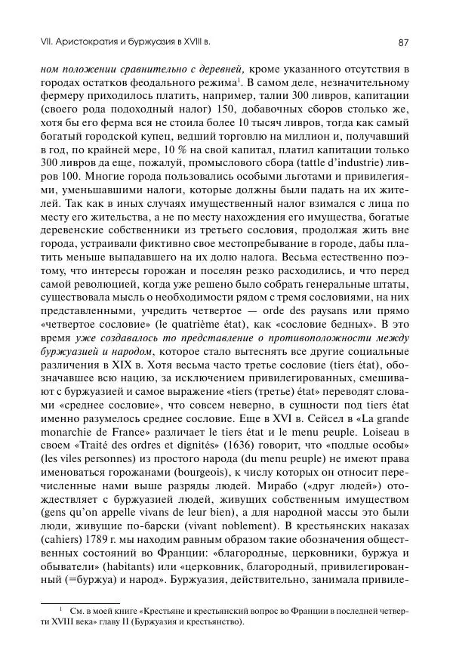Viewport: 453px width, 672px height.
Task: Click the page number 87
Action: tap(403, 43)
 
